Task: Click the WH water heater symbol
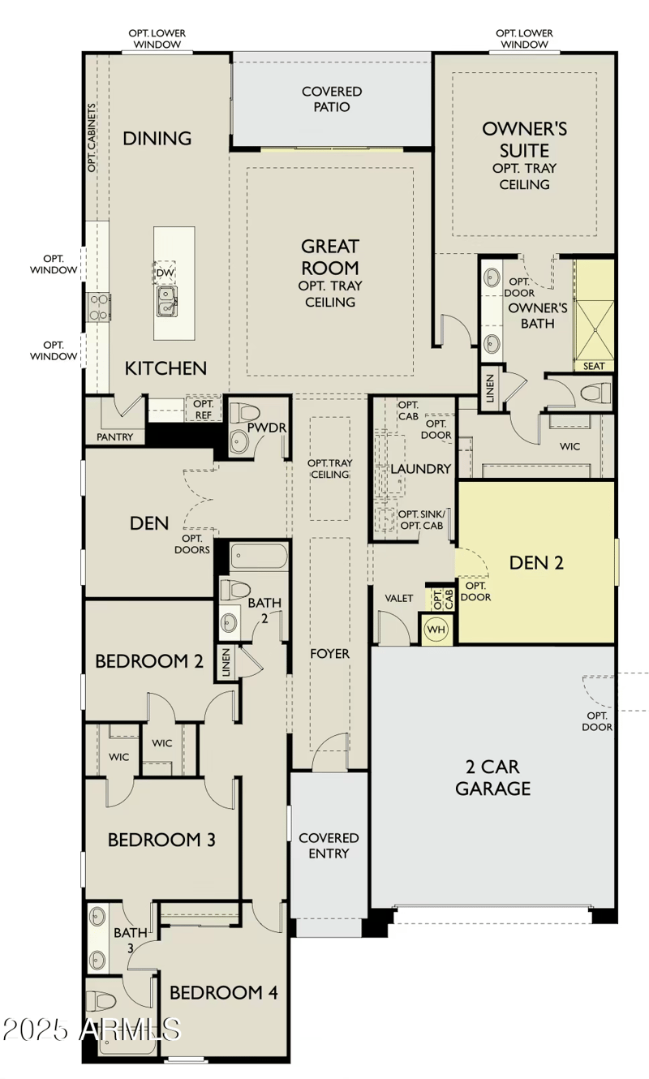[x=436, y=629]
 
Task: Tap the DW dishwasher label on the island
[x=165, y=273]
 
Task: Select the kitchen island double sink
[x=167, y=300]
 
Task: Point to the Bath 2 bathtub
[x=259, y=557]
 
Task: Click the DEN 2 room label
[x=535, y=562]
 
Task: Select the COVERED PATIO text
[x=332, y=99]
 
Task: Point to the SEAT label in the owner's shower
[x=594, y=366]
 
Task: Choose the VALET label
[x=399, y=598]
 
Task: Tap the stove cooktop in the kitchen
[x=98, y=307]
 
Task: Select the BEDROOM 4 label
[x=223, y=992]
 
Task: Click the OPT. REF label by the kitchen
[x=203, y=409]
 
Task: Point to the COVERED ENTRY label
[x=329, y=845]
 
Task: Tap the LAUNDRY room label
[x=420, y=469]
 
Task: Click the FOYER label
[x=330, y=653]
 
